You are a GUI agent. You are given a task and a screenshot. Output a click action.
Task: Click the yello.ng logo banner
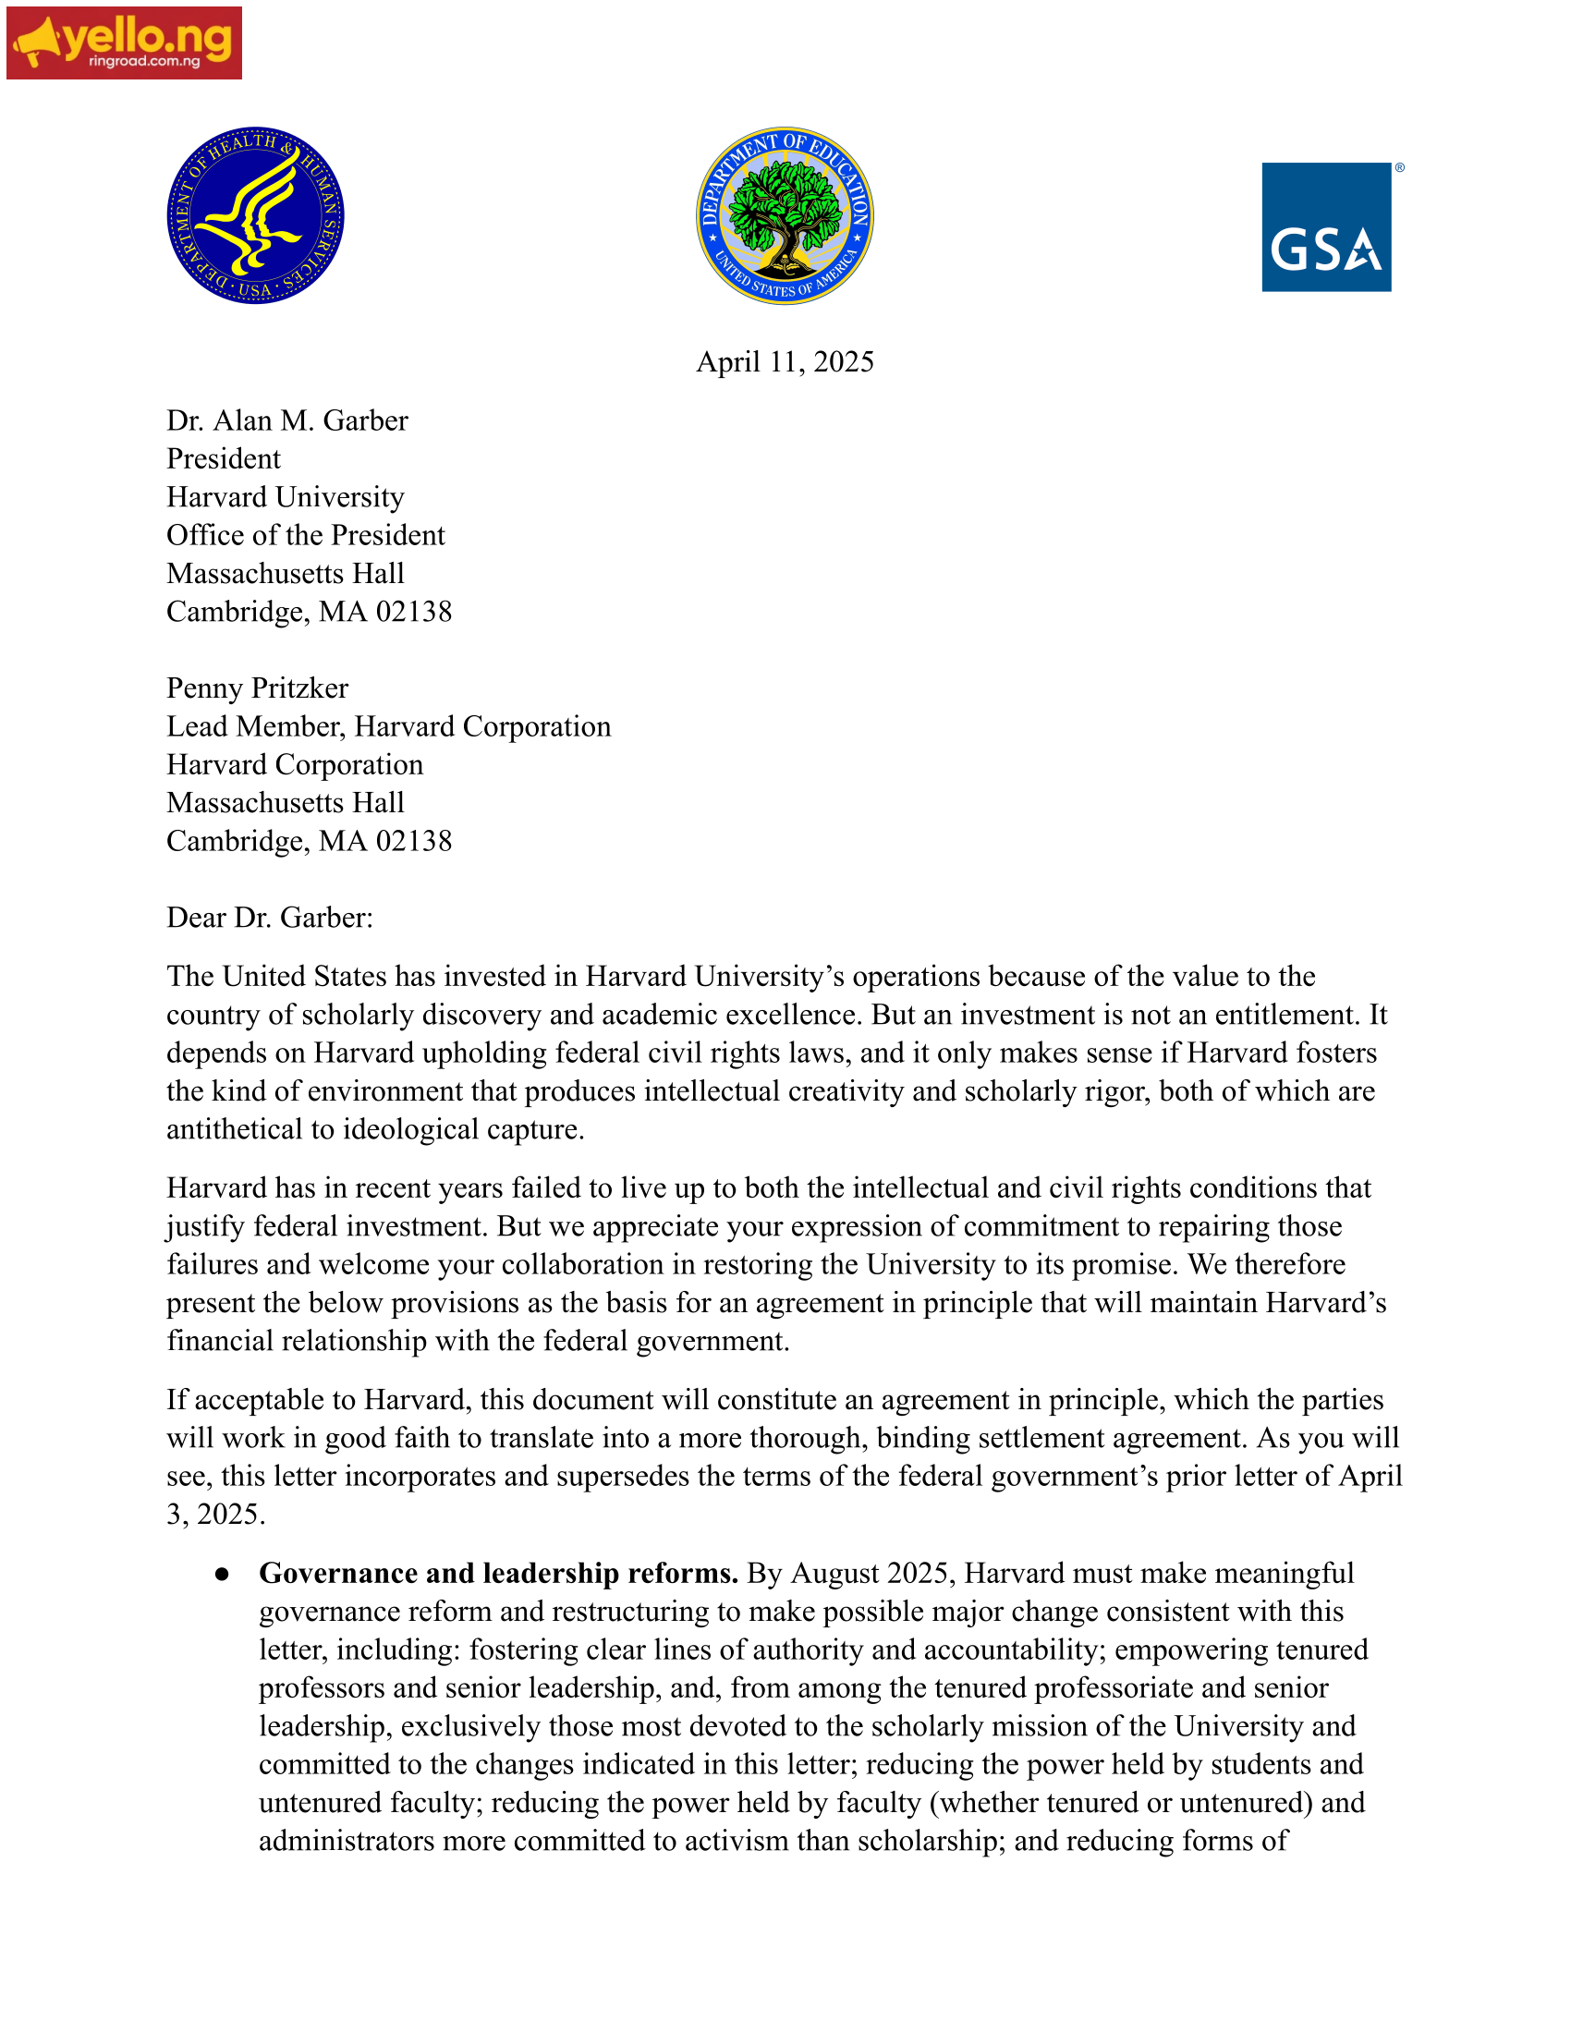pyautogui.click(x=124, y=43)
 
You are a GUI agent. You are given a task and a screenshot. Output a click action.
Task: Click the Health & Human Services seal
pyautogui.click(x=255, y=215)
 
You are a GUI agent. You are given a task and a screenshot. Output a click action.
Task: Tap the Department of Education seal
pyautogui.click(x=785, y=215)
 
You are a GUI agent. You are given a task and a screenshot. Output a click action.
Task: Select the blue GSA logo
pyautogui.click(x=1326, y=227)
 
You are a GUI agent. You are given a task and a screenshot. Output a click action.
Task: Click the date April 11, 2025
pyautogui.click(x=785, y=361)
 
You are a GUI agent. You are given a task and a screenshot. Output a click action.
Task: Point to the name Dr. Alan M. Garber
pyautogui.click(x=286, y=420)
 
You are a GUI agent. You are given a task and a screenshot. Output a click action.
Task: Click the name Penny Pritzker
pyautogui.click(x=257, y=688)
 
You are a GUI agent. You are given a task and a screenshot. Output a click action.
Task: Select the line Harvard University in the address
pyautogui.click(x=285, y=497)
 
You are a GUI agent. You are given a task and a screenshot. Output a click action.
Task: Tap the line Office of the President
pyautogui.click(x=305, y=535)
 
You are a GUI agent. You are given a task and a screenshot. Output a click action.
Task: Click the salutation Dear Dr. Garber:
pyautogui.click(x=269, y=918)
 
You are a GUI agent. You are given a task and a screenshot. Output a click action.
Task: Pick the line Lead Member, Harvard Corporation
pyautogui.click(x=388, y=726)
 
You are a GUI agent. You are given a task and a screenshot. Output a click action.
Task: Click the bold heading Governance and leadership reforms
pyautogui.click(x=498, y=1573)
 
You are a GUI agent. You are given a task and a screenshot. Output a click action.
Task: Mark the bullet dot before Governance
pyautogui.click(x=222, y=1574)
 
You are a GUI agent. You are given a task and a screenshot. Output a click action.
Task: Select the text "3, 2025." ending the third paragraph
pyautogui.click(x=216, y=1515)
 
